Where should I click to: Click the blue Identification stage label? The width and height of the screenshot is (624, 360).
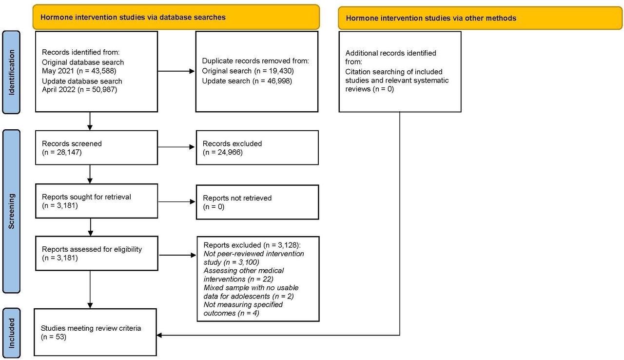pos(11,72)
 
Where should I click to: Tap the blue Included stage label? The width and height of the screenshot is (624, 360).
pos(11,333)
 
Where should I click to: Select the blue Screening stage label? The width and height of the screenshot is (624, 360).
pos(11,211)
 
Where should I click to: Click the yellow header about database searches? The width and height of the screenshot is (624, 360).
pos(176,17)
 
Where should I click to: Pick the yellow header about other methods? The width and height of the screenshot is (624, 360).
pos(480,18)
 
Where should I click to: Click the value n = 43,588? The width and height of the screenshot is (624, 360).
pos(97,71)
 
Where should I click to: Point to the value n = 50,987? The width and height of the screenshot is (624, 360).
pos(97,89)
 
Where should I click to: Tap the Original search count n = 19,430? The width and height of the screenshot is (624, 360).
pos(274,71)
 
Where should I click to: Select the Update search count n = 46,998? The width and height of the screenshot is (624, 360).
pos(273,81)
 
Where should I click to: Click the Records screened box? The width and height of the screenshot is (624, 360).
pos(97,148)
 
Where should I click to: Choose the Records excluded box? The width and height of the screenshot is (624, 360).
pos(257,148)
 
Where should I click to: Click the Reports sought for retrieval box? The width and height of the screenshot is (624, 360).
pos(97,201)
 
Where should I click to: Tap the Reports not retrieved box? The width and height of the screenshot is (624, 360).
pos(257,202)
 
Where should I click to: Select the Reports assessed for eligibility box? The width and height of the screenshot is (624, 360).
pos(97,253)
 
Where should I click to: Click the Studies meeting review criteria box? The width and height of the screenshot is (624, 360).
pos(95,332)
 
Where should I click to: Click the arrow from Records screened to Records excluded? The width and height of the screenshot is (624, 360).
pos(176,147)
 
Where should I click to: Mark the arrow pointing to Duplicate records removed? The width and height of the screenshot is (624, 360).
pos(176,71)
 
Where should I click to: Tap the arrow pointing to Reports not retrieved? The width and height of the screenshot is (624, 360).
pos(176,201)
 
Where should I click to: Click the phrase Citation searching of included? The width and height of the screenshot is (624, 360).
pos(393,72)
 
